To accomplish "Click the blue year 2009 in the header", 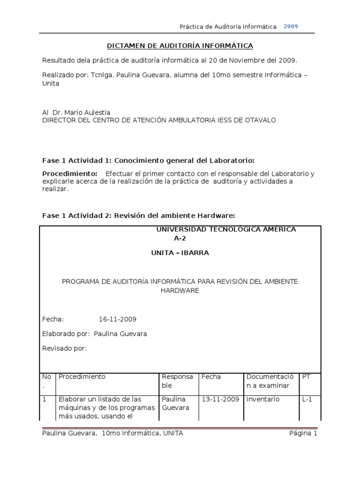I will [291, 26].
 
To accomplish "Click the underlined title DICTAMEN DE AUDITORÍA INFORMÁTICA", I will [180, 45].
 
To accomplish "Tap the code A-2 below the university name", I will [180, 238].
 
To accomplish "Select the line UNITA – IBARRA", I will [180, 253].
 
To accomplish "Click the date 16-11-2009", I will [118, 319].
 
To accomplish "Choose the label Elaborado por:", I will [66, 334].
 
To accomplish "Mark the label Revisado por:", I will [65, 348].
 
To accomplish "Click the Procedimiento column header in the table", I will [82, 376].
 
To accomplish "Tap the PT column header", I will [307, 376].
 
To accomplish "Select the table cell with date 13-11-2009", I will [220, 399].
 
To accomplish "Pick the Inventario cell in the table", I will [263, 399].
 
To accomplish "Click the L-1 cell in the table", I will [307, 399].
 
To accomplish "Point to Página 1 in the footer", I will [303, 434].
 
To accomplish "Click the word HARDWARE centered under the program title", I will [180, 291].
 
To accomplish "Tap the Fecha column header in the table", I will [211, 376].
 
